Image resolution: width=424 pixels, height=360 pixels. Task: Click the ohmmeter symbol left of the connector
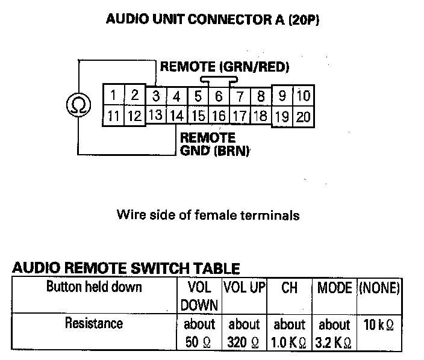pos(78,105)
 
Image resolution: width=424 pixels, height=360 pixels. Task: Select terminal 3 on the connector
pos(155,96)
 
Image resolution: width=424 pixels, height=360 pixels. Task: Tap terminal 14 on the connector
pos(176,116)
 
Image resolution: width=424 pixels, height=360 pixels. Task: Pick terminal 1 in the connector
pos(113,95)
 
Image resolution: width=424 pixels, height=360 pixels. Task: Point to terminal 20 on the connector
pos(304,117)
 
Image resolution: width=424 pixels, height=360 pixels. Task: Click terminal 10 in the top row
pos(304,96)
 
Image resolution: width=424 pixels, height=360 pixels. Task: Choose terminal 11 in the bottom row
pos(113,116)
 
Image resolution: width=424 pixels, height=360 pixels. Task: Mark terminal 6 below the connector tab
pos(219,96)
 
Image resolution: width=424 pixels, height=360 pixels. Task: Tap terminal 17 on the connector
pos(240,116)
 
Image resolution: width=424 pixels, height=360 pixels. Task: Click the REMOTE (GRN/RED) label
pos(224,67)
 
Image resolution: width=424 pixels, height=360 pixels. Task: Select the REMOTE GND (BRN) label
pos(214,144)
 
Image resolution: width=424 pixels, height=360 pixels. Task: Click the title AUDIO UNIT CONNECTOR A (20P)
pos(212,19)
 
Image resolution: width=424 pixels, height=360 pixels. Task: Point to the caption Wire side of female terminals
pos(208,214)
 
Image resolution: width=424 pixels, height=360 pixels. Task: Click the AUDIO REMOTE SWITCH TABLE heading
pos(126,268)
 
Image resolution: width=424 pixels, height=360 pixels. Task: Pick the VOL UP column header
pos(245,288)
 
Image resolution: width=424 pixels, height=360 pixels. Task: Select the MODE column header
pos(334,288)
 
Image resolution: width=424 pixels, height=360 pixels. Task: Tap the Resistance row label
pos(93,323)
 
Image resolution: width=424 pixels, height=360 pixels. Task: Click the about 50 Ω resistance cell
pos(199,333)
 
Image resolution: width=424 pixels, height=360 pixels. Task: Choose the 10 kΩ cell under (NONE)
pos(379,324)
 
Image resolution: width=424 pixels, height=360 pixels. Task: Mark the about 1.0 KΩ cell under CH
pos(290,333)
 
